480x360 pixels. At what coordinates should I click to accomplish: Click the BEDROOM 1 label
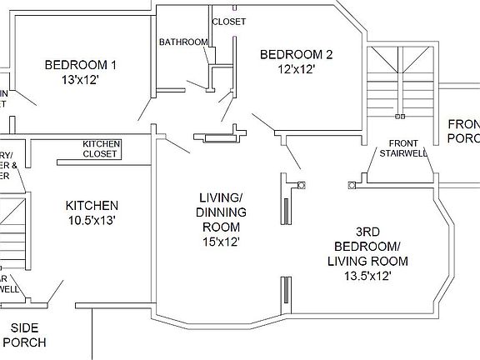(x=80, y=64)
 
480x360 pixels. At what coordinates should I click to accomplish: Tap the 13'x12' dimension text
(x=80, y=79)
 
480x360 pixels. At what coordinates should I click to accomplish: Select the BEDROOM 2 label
(x=296, y=55)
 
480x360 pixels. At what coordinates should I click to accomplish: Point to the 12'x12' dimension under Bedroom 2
(x=296, y=70)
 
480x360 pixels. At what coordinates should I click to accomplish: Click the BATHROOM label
(x=183, y=42)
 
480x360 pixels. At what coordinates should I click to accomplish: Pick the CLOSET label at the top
(x=229, y=22)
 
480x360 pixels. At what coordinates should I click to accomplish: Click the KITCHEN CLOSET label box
(x=101, y=148)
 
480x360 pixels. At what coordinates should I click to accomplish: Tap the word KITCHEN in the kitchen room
(x=92, y=205)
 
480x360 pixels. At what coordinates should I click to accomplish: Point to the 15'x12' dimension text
(x=220, y=242)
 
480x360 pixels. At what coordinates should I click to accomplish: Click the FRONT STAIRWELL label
(x=403, y=147)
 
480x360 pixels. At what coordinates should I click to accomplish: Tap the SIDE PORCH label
(x=24, y=335)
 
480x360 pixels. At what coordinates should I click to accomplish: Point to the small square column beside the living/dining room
(x=302, y=185)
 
